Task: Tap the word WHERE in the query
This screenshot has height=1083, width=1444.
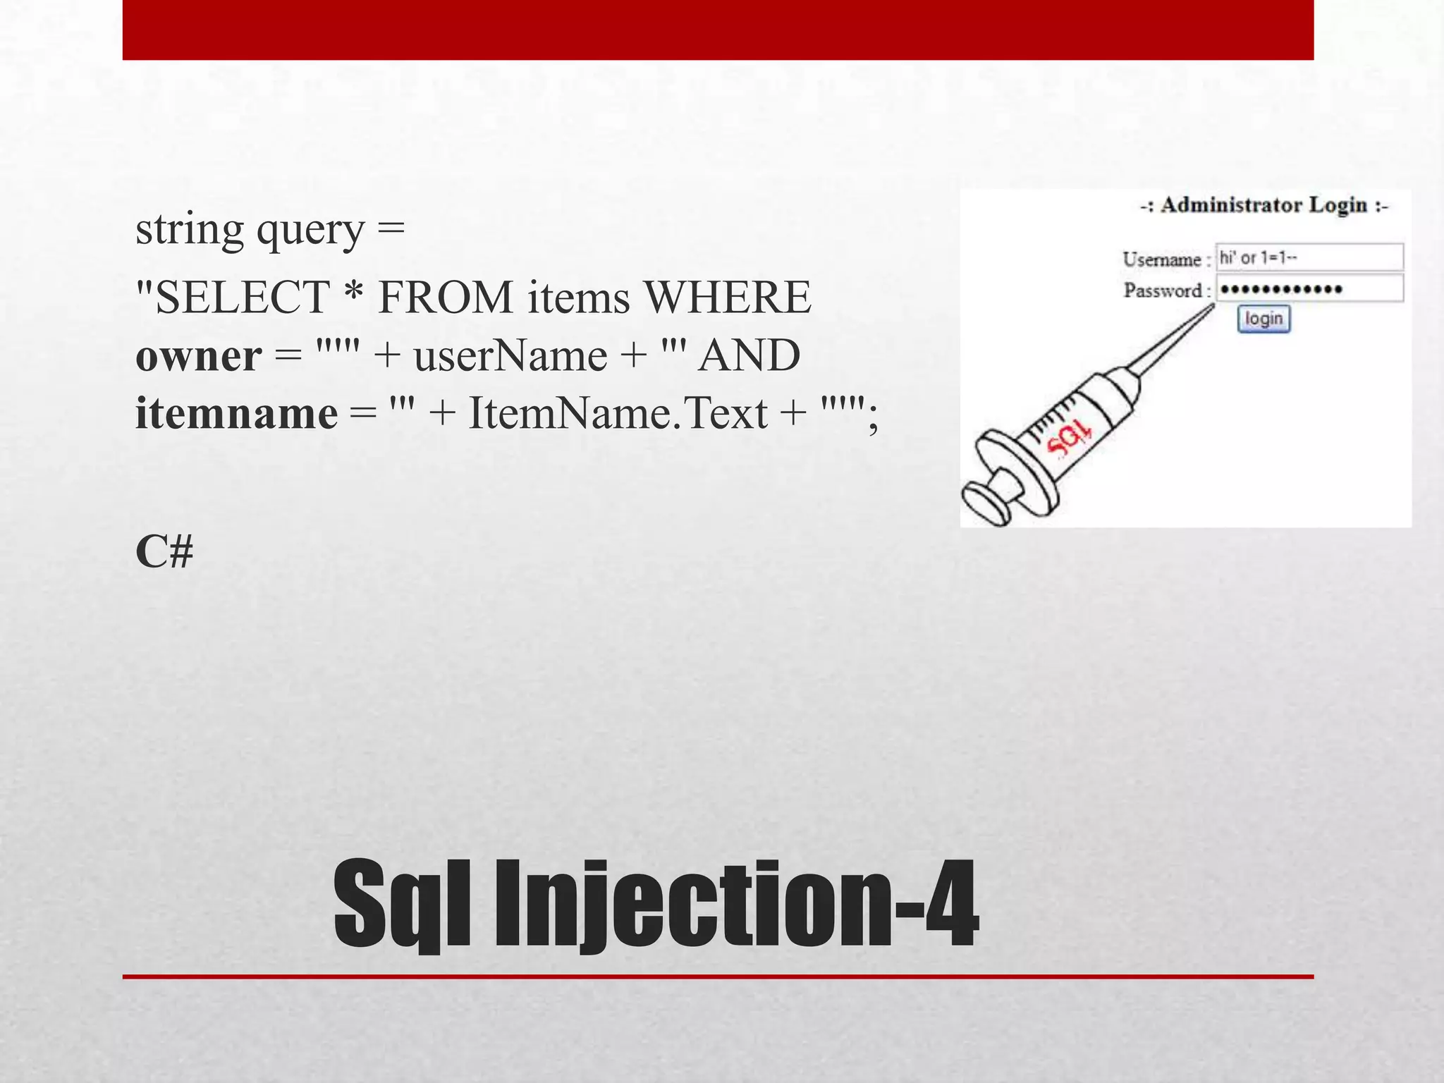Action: click(x=728, y=297)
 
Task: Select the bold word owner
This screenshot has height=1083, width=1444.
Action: click(x=199, y=355)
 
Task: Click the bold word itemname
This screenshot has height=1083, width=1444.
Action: click(x=236, y=413)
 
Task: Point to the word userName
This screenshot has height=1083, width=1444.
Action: click(x=510, y=355)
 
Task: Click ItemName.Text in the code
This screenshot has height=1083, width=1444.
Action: click(x=618, y=413)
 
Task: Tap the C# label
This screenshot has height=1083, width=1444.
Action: click(x=164, y=551)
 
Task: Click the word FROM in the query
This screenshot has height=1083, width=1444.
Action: click(x=446, y=297)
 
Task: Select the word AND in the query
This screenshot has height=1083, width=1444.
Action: click(x=749, y=355)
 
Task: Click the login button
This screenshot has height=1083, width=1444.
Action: click(x=1263, y=319)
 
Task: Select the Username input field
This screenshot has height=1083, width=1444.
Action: click(x=1309, y=257)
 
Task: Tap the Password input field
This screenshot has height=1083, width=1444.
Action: click(x=1309, y=288)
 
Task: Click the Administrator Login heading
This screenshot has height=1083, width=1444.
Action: click(x=1263, y=205)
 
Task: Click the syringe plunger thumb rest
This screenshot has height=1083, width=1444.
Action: click(x=986, y=505)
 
